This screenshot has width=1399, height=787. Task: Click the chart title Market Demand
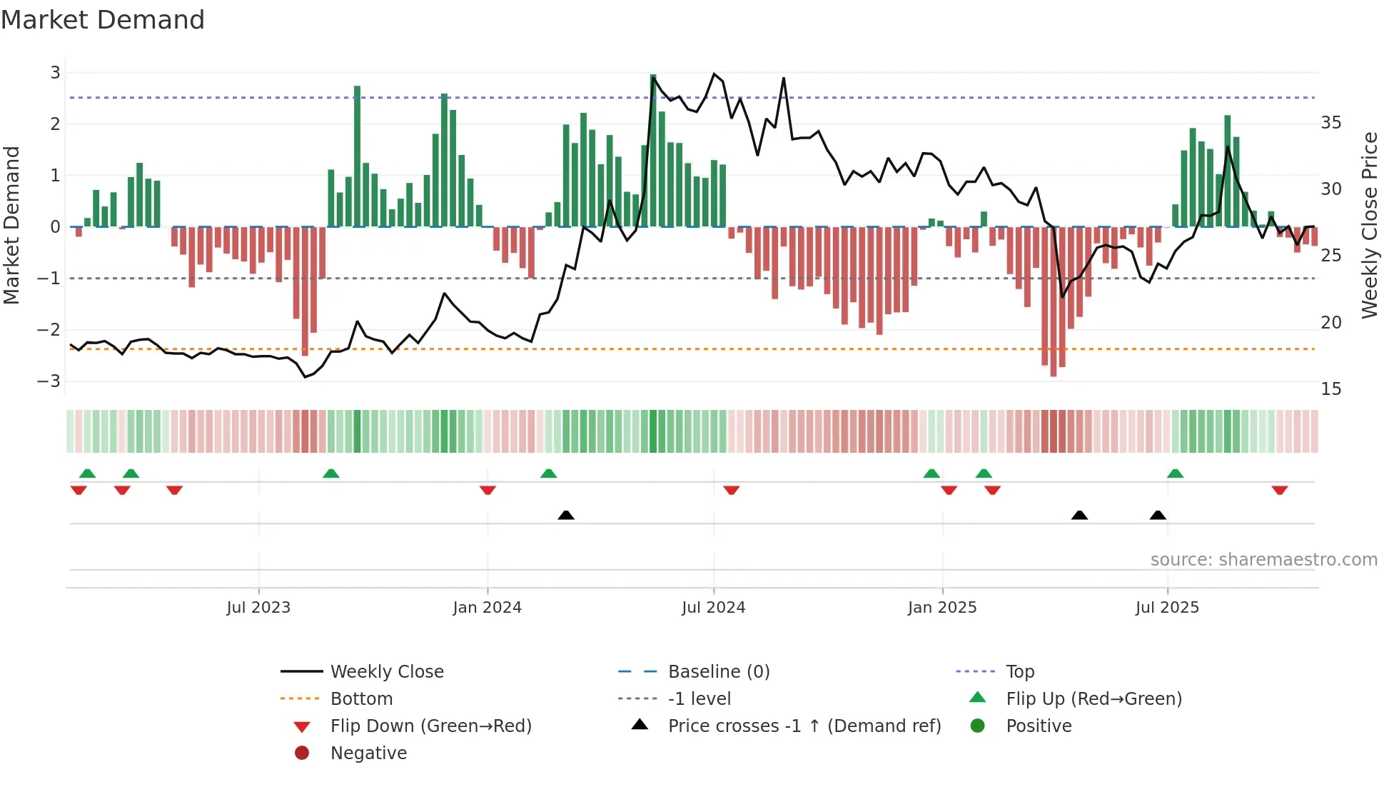[103, 20]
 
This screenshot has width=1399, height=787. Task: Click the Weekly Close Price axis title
[1369, 225]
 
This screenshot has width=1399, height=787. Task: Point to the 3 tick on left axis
[55, 72]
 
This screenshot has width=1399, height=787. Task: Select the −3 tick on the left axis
[49, 381]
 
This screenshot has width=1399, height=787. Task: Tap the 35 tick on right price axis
[1330, 123]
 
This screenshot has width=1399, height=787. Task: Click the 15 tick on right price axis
[1330, 389]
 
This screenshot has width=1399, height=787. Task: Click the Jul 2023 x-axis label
[258, 607]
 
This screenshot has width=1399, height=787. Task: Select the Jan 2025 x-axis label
[942, 607]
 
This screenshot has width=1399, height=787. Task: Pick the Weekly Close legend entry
[386, 671]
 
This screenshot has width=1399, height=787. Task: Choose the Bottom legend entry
[361, 698]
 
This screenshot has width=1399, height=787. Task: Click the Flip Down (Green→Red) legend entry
[430, 726]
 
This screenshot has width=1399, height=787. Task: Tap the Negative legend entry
[368, 753]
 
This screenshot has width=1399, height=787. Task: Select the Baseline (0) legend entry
[718, 671]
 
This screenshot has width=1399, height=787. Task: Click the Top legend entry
[1020, 671]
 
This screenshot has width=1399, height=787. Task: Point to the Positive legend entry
[1039, 726]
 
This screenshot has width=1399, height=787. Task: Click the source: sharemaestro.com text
[1263, 559]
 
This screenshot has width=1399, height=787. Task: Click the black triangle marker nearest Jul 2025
[1158, 515]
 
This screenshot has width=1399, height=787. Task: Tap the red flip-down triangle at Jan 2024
[488, 490]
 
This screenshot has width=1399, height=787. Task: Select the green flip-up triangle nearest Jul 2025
[1175, 473]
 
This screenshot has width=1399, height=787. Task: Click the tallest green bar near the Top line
[653, 150]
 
